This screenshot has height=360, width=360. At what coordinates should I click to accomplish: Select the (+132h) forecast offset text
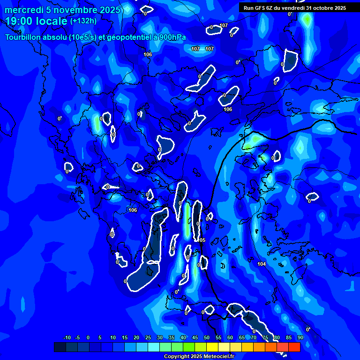(x=83, y=21)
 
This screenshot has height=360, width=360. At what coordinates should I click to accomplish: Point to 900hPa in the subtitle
(x=171, y=37)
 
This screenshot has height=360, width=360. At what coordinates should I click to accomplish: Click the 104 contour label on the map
(x=262, y=264)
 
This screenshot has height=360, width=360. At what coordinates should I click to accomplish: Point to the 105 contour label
(x=202, y=240)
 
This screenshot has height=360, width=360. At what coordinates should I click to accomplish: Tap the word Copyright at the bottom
(x=177, y=357)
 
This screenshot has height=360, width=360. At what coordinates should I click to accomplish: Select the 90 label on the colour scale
(x=300, y=337)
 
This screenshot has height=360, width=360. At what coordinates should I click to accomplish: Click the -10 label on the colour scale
(x=67, y=337)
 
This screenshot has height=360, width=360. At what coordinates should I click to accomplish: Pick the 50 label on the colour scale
(x=207, y=337)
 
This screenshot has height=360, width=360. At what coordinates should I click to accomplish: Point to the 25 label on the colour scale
(x=148, y=337)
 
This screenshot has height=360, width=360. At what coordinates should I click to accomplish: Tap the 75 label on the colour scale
(x=265, y=337)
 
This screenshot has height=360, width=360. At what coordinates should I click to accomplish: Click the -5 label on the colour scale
(x=77, y=337)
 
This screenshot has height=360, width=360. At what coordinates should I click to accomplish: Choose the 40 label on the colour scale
(x=183, y=337)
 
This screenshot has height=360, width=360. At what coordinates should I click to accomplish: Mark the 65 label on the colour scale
(x=242, y=337)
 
